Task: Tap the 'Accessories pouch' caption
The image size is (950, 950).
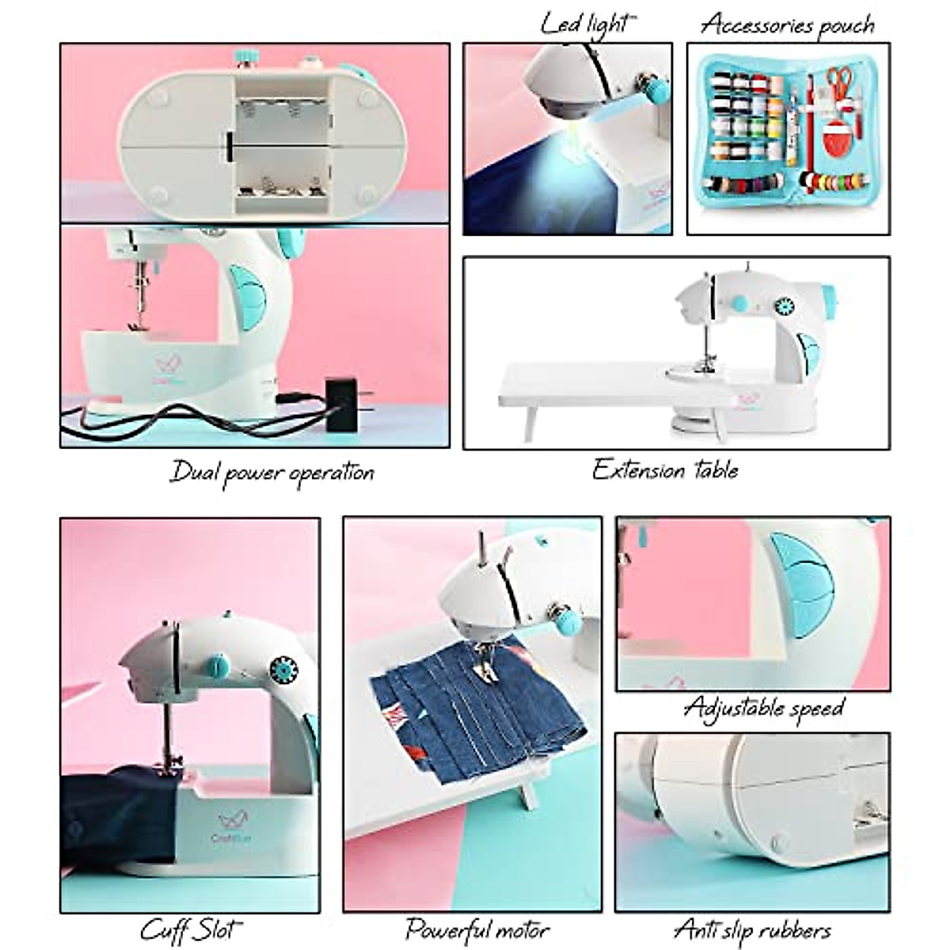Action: coord(787,24)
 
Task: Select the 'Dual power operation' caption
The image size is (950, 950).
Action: coord(272,473)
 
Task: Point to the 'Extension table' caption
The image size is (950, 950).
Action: coord(665,470)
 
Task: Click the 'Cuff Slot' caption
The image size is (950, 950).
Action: coord(191,923)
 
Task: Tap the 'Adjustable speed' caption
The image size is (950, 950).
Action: coord(763,706)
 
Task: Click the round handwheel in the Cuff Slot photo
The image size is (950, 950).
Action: coord(280,667)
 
